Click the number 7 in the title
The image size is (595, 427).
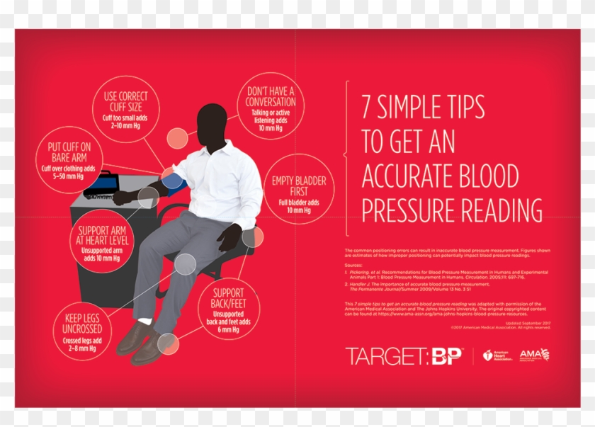pyautogui.click(x=367, y=107)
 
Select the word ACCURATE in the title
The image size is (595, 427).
pyautogui.click(x=413, y=176)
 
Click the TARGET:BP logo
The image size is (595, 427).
pyautogui.click(x=404, y=355)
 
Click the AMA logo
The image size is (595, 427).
pyautogui.click(x=533, y=355)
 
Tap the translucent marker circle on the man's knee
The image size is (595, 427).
pyautogui.click(x=185, y=264)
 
